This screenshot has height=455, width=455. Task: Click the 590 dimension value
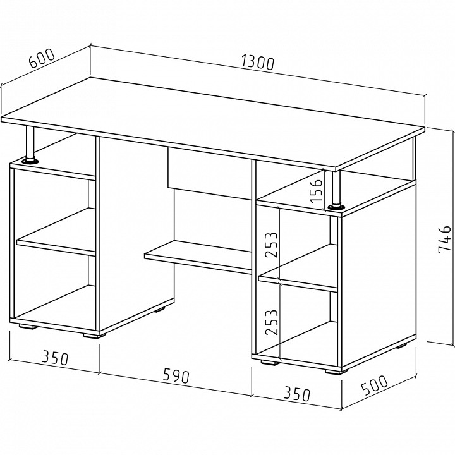click(x=176, y=377)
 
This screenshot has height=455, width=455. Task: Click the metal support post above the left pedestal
click(x=30, y=143)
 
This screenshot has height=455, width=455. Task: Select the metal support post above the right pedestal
click(x=336, y=187)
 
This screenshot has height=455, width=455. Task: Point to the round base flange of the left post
click(x=30, y=161)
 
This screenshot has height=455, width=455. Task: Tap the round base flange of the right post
click(x=336, y=206)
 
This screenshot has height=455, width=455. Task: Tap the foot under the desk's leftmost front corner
click(x=27, y=327)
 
